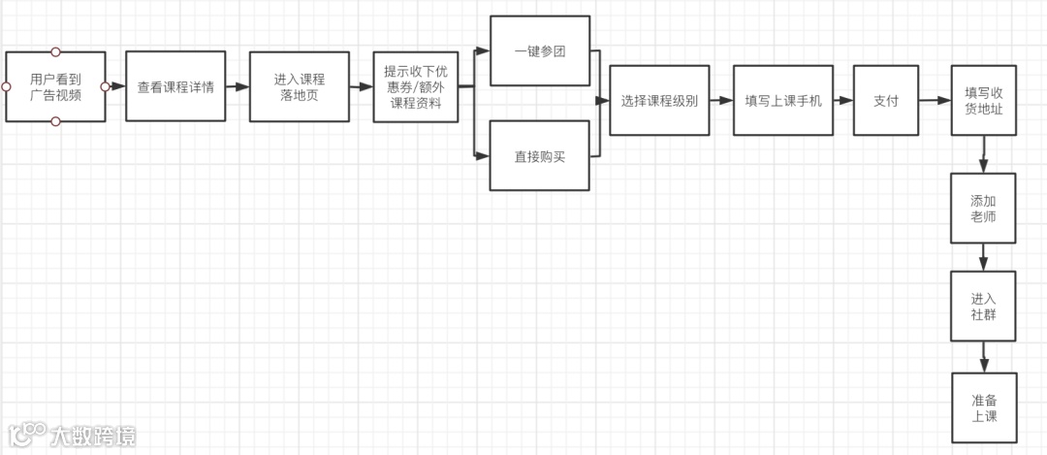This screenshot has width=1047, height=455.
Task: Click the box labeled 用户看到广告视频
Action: click(55, 86)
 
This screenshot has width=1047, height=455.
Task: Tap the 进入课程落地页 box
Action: click(299, 86)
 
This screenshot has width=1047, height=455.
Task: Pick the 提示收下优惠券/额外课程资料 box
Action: click(416, 86)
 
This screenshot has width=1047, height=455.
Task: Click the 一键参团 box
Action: click(539, 51)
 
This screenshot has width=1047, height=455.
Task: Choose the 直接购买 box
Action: click(539, 155)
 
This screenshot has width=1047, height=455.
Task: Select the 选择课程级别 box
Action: click(659, 100)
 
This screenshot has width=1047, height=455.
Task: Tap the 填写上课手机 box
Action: click(782, 100)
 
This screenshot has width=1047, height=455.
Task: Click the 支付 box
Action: click(886, 100)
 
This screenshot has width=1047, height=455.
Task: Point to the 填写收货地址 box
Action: click(983, 100)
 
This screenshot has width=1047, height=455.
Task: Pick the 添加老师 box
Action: click(983, 209)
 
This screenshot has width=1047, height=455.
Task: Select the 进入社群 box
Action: click(983, 307)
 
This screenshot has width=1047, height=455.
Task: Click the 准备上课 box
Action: click(983, 408)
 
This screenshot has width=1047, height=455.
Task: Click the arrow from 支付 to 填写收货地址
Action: click(935, 100)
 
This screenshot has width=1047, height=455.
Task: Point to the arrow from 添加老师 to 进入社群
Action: click(984, 257)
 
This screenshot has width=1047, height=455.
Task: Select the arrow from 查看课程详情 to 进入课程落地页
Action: click(237, 86)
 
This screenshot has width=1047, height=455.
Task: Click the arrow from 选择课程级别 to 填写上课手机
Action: click(720, 100)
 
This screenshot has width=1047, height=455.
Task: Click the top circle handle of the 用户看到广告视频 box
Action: click(55, 51)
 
